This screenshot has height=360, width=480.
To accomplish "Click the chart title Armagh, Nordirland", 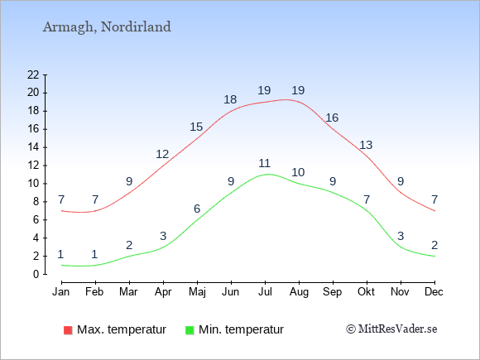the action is [107, 27].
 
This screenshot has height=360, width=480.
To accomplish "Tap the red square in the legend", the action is [68, 330].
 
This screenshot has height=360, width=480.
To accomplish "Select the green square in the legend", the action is [190, 330].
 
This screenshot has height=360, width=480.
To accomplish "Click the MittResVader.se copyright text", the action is [391, 329].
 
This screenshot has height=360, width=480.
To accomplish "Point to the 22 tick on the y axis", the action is [33, 74].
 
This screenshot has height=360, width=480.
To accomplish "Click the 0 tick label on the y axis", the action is [36, 274].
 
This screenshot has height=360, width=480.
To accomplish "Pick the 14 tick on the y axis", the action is [33, 147].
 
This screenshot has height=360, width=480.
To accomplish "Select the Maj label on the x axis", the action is [197, 292].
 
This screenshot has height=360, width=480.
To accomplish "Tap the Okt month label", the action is [366, 292].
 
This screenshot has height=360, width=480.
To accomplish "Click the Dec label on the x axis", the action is [434, 292].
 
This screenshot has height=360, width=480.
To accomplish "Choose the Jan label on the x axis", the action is [61, 292].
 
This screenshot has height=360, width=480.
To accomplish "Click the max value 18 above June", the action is [230, 99].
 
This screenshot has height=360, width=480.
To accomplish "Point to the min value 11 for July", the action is [265, 163].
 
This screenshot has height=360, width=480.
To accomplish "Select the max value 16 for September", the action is [332, 118].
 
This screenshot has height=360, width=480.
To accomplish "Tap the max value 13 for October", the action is [366, 145].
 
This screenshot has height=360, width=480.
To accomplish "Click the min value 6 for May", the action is [197, 209].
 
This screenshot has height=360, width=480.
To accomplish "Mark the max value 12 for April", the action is [162, 154].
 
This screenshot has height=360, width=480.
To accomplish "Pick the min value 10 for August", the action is [298, 172].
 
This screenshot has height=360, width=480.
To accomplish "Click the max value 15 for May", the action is [196, 127].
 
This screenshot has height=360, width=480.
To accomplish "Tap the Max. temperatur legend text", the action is [122, 329].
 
